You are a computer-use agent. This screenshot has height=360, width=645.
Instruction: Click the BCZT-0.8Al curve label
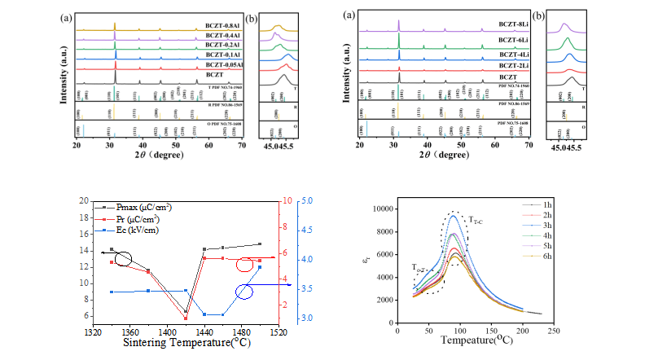pos(224,17)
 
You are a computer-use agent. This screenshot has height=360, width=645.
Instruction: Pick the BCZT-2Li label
pos(507,64)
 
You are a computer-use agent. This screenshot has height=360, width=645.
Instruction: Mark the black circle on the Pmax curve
pos(123,259)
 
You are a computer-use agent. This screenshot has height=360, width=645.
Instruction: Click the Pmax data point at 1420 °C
pos(186,312)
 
